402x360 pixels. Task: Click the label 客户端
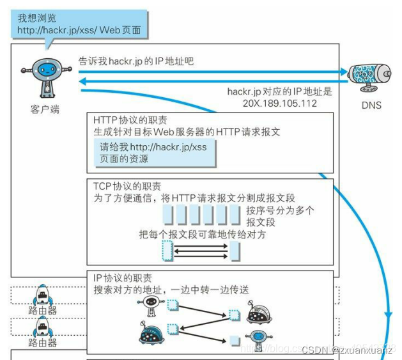[x=45, y=109]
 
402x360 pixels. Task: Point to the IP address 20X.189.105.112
[x=280, y=103]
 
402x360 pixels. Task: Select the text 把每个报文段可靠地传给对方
[x=202, y=235]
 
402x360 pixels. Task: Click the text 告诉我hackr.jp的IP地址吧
[x=135, y=61]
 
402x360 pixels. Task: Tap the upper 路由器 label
[x=43, y=311]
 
